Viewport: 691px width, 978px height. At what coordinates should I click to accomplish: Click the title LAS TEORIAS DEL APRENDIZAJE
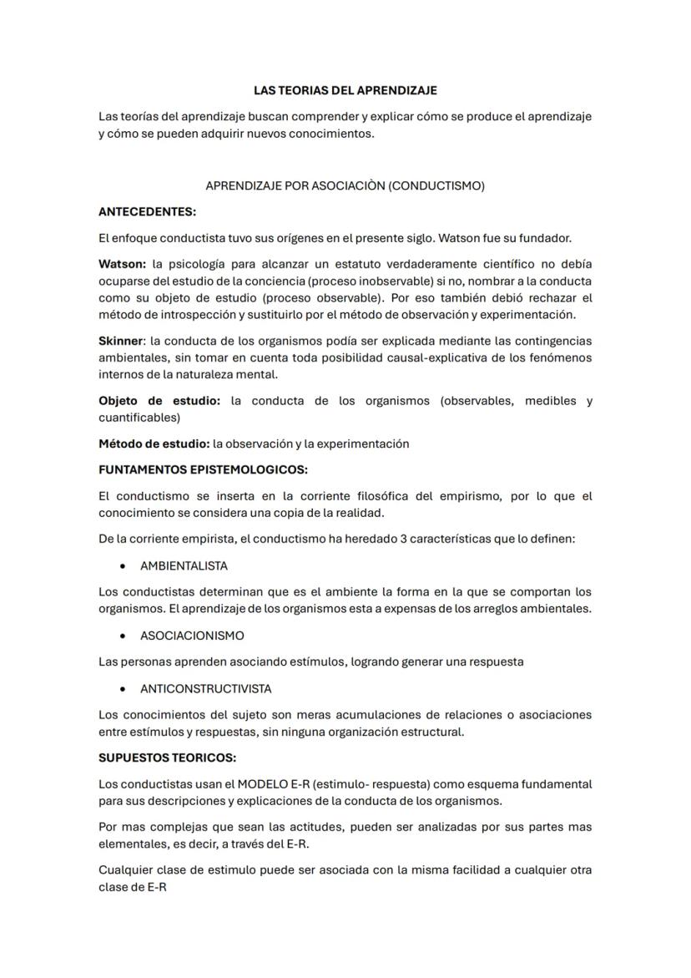[x=345, y=90]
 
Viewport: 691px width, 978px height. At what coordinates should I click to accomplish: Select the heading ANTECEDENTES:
[x=147, y=211]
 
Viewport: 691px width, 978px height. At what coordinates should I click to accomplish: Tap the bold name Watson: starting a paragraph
[x=122, y=264]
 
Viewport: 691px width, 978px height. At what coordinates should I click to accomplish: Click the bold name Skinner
[x=121, y=341]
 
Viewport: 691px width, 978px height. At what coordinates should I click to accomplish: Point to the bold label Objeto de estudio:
[x=159, y=401]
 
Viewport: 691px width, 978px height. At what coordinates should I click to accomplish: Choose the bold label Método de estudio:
[x=154, y=443]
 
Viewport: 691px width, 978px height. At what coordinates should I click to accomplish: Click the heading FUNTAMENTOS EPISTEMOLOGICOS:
[x=203, y=469]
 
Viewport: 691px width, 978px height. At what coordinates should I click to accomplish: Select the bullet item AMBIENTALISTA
[x=184, y=565]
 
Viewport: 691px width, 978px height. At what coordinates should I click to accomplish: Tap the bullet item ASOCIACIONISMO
[x=192, y=636]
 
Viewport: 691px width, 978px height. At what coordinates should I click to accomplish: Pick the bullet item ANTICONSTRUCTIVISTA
[x=205, y=689]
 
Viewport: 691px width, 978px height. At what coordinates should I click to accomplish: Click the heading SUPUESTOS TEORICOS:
[x=167, y=758]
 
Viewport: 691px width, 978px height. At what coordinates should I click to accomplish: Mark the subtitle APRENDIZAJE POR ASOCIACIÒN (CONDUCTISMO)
[x=345, y=185]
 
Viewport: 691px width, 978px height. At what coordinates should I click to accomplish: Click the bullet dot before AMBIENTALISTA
[x=124, y=566]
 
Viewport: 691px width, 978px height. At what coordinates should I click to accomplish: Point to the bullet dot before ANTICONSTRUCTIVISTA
[x=124, y=689]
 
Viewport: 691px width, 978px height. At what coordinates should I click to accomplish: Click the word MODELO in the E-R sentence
[x=260, y=784]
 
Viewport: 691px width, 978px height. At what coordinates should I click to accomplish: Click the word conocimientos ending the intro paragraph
[x=331, y=134]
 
